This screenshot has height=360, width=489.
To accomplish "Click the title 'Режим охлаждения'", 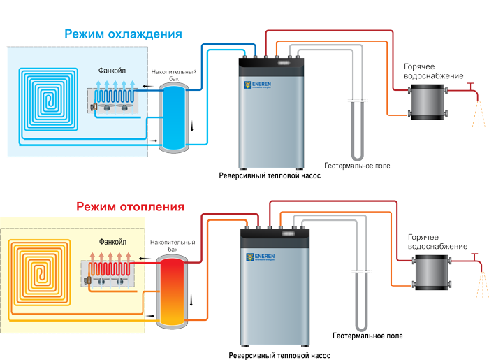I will (x=123, y=34).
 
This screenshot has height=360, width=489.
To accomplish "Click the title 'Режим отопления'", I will (x=130, y=207).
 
